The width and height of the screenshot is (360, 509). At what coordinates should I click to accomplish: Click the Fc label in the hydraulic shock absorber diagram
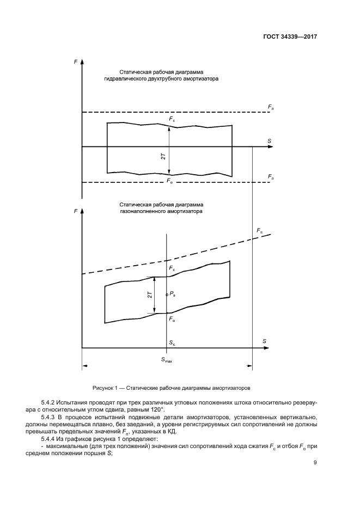pos(172,119)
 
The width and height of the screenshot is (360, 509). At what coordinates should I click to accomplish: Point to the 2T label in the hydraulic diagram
pos(163,157)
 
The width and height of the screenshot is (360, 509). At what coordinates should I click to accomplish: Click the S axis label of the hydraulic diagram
pos(269,141)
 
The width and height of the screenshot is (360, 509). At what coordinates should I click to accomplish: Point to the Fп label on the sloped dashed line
pos(259,231)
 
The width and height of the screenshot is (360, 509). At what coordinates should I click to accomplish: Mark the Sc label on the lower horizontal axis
pos(172,344)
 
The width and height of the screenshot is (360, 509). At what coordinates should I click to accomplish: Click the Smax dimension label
pos(166,360)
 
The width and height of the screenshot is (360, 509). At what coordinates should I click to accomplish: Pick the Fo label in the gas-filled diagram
pos(172,318)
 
